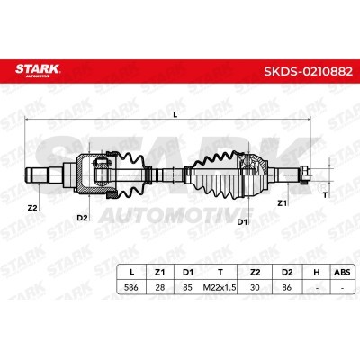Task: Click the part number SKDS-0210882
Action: coord(308,71)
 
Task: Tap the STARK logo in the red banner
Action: coord(38,70)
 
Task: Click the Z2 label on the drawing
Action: coord(32,208)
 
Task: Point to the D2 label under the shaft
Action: coord(82,218)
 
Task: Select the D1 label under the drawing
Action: coord(242,222)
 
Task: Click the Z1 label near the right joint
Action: coord(282,203)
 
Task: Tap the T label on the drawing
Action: coord(325,195)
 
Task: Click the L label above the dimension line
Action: coord(175,114)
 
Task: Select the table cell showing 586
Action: coord(131,287)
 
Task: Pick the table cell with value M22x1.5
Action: coord(220,287)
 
